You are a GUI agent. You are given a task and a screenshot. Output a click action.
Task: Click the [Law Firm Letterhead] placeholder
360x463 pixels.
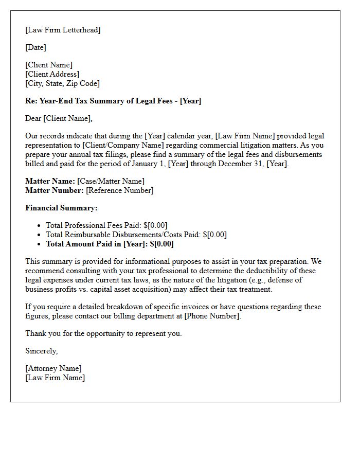[x=63, y=30]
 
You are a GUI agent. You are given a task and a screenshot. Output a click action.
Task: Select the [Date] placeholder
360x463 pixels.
[x=35, y=47]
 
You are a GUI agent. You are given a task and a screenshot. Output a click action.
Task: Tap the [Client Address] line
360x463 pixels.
[x=52, y=74]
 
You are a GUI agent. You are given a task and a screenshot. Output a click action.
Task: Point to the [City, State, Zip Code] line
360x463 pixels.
[x=62, y=83]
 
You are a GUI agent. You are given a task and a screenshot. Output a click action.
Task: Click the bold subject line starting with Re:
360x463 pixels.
[x=113, y=101]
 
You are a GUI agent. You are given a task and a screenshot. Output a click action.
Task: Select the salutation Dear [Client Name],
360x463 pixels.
[x=59, y=118]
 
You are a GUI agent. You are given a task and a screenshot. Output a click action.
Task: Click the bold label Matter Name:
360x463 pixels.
[x=50, y=181]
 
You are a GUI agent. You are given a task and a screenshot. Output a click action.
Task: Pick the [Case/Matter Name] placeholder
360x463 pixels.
[x=111, y=181]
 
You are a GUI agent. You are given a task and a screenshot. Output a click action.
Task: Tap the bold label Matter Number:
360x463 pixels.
[x=55, y=190]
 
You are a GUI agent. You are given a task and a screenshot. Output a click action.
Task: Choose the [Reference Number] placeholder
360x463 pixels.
[x=119, y=190]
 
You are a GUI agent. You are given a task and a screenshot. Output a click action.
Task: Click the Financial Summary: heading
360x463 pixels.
[x=61, y=208]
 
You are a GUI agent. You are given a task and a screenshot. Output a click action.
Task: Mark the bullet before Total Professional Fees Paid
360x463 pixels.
[x=40, y=225]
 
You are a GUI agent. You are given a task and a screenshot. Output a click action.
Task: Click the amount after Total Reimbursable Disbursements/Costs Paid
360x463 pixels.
[x=214, y=235]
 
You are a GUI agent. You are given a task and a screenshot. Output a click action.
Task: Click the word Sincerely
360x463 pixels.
[x=41, y=351]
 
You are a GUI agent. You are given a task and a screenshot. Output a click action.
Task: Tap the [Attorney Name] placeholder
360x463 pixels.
[x=53, y=368]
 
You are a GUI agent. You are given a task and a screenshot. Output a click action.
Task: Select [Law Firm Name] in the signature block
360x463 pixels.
[x=55, y=378]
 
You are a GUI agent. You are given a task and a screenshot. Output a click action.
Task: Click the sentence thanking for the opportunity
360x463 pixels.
[x=103, y=333]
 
